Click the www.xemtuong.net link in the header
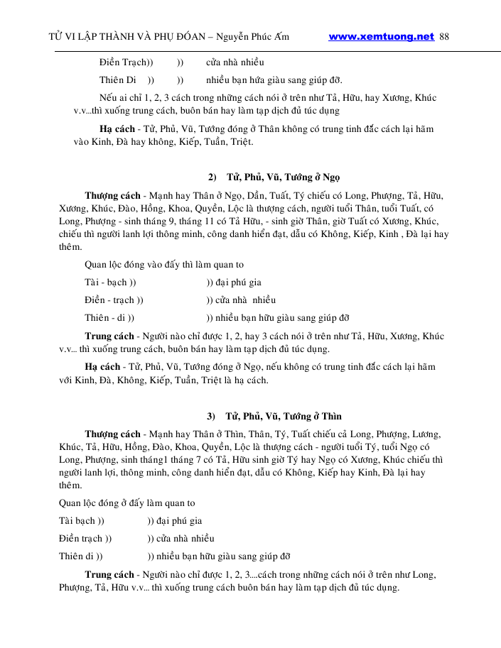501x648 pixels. click(381, 37)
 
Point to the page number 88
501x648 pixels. click(445, 37)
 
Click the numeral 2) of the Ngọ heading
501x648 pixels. click(212, 176)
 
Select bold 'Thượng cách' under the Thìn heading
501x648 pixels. click(112, 434)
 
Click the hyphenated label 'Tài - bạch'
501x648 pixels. click(107, 282)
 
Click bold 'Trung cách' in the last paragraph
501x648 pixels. click(109, 574)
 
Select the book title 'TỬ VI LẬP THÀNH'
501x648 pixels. click(99, 37)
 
